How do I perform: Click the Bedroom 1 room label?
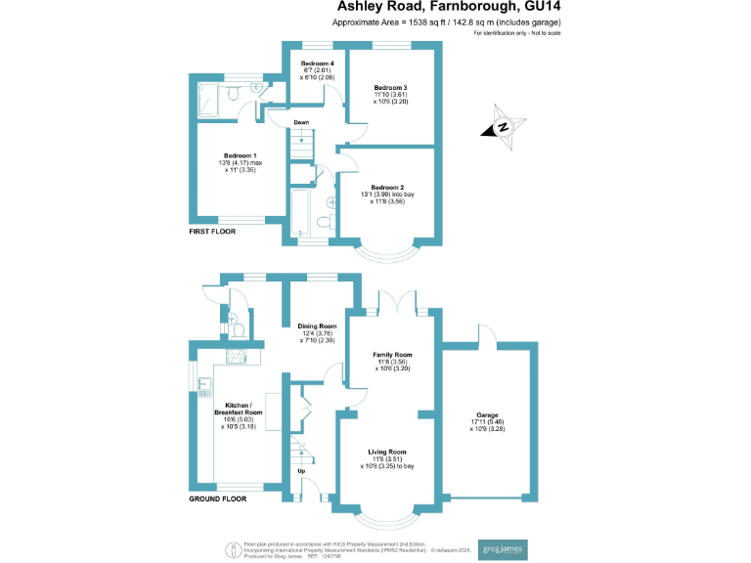tap(240, 155)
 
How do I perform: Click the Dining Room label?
tap(317, 325)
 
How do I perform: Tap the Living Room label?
tap(388, 452)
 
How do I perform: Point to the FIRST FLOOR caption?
tap(216, 232)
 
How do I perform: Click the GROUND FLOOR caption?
tap(218, 498)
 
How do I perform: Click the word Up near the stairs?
tap(300, 471)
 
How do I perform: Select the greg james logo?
tap(500, 548)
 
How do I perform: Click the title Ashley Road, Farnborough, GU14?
tap(449, 7)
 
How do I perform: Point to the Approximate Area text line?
tap(448, 22)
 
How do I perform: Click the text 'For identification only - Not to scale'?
tap(517, 34)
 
